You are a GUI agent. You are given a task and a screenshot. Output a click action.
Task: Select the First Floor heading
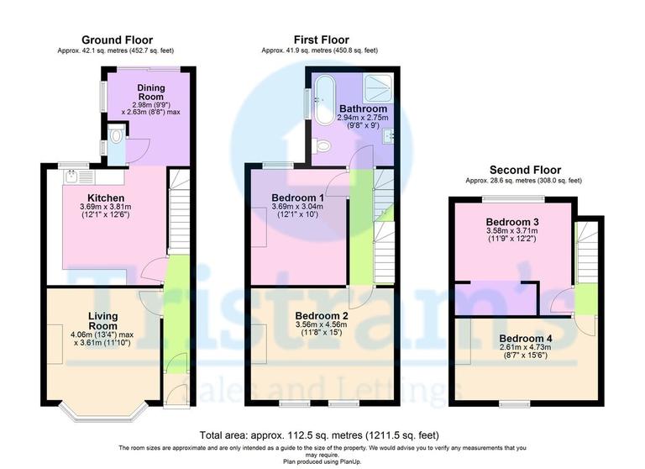coord(321,40)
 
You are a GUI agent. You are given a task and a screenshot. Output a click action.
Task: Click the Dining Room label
coord(151,92)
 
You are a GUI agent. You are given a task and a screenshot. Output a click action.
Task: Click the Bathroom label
coord(363,109)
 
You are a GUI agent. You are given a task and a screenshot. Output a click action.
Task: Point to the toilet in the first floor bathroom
coord(322,146)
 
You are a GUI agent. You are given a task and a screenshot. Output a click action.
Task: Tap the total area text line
coord(322,435)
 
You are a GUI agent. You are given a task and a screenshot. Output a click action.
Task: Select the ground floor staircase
coord(179,210)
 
